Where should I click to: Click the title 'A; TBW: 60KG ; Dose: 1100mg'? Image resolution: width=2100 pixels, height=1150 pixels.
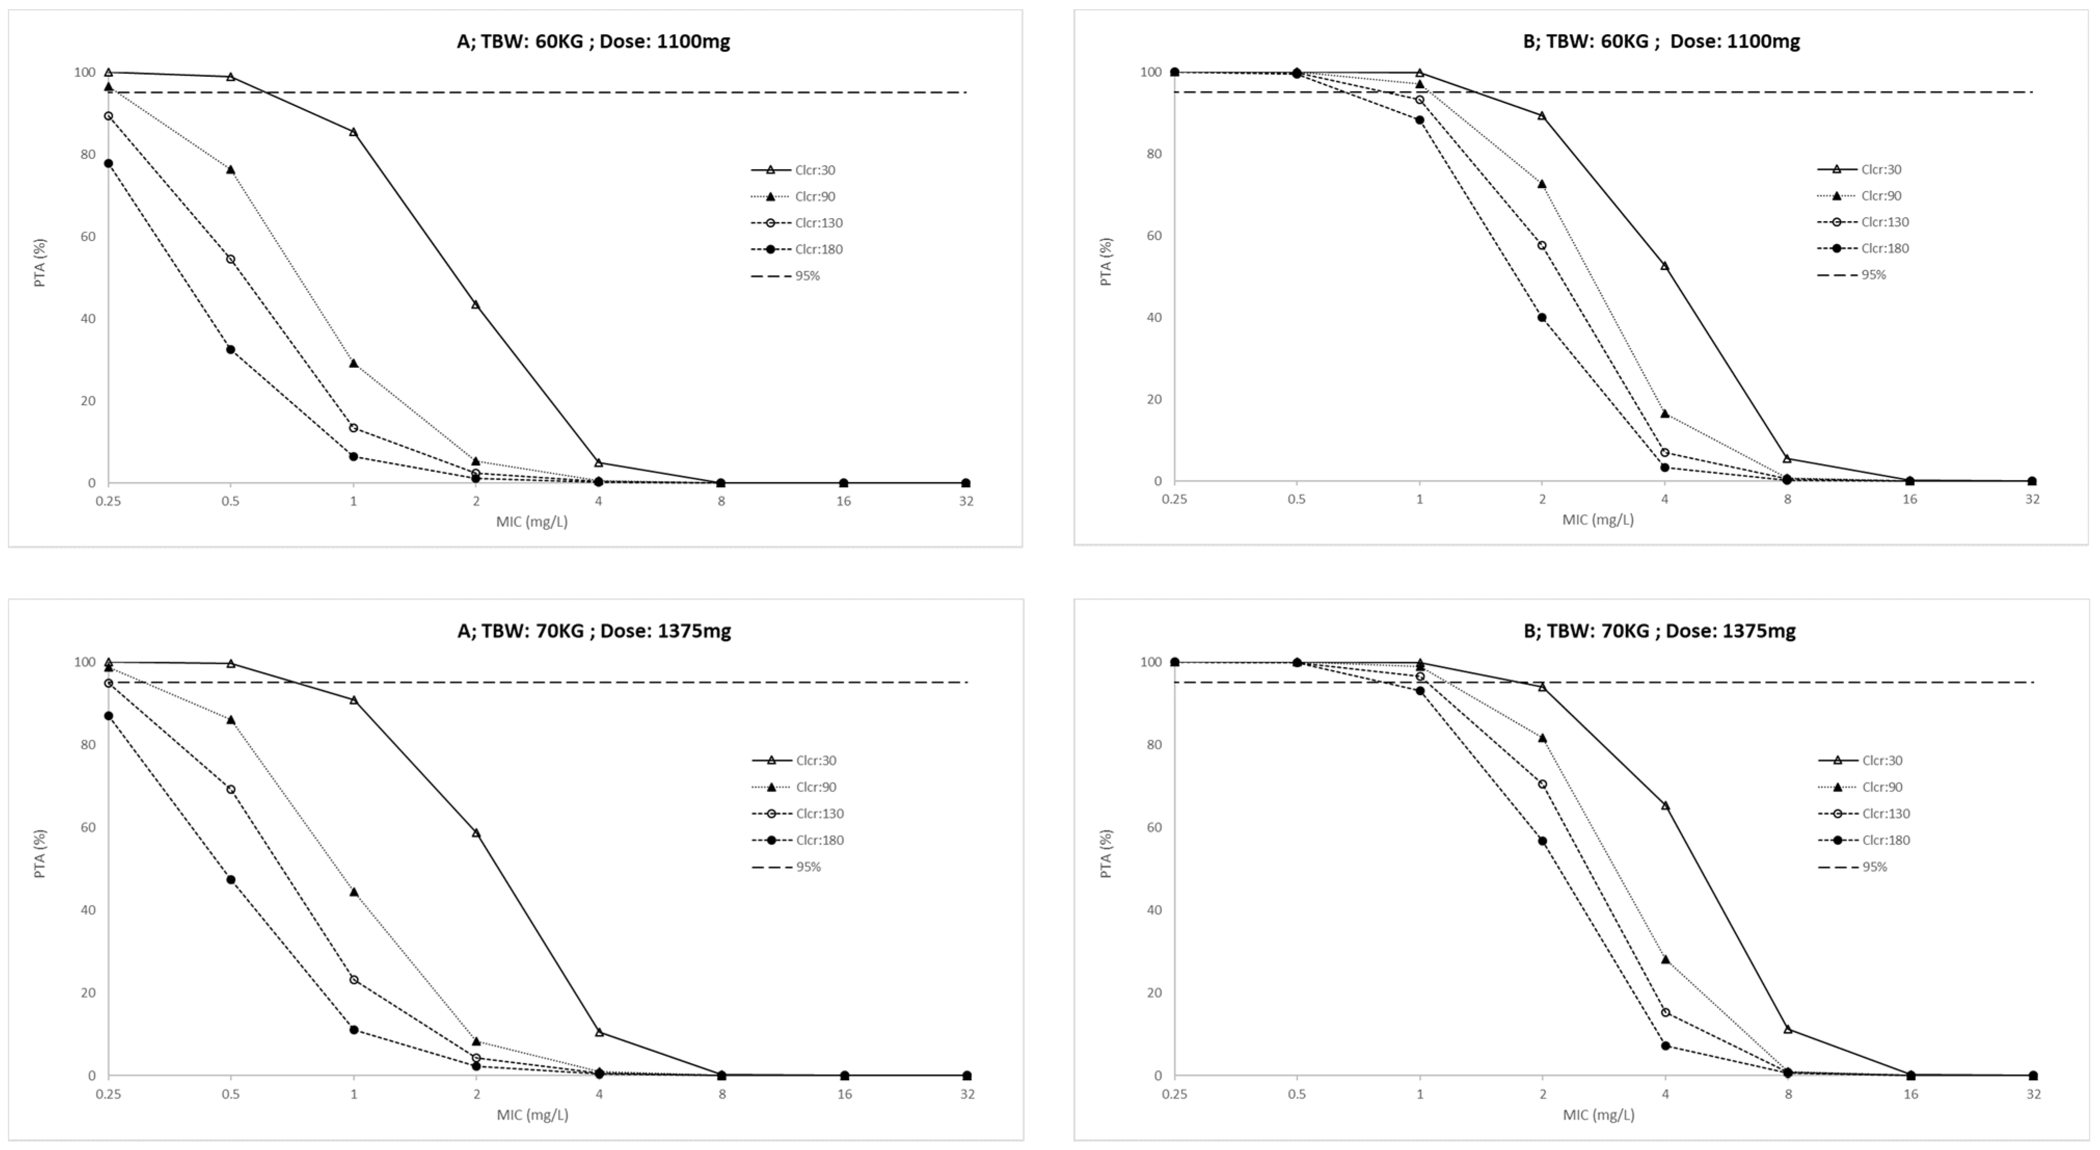click(x=593, y=41)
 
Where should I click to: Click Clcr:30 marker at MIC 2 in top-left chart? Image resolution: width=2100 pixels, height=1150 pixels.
click(x=475, y=304)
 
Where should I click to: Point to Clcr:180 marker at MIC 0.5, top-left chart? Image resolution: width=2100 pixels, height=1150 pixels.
click(x=231, y=349)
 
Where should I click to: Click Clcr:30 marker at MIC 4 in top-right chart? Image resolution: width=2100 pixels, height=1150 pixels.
click(x=1664, y=266)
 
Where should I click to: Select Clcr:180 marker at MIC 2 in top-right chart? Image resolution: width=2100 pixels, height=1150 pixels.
click(x=1541, y=317)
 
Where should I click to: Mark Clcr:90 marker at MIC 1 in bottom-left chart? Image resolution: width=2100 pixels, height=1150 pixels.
click(x=354, y=891)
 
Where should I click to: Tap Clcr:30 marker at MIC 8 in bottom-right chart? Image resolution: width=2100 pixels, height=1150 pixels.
click(x=1788, y=1028)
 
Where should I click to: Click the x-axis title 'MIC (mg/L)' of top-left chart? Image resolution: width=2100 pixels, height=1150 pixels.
click(x=532, y=522)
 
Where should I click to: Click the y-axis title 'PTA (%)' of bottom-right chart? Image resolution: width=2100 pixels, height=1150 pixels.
click(x=1106, y=853)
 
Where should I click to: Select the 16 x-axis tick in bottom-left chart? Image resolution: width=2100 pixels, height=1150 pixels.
click(x=845, y=1094)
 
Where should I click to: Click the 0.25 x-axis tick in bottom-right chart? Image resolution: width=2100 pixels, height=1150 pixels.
click(x=1174, y=1094)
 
